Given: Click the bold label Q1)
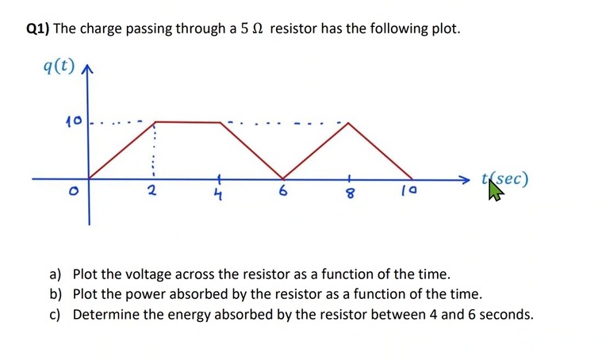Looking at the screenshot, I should click(x=37, y=29).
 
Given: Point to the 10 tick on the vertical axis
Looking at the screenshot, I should click(x=74, y=122).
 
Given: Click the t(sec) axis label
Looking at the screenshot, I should click(x=504, y=178).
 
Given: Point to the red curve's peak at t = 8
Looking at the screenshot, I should click(x=347, y=122).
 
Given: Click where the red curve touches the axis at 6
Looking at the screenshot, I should click(x=283, y=178).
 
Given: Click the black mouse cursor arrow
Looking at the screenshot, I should click(x=495, y=190).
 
